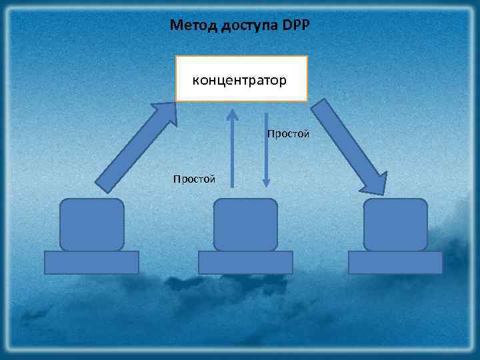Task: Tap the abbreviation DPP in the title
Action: pos(297,26)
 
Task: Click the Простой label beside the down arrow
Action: pos(288,134)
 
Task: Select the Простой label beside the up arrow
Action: pos(194,179)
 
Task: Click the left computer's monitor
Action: pos(92,225)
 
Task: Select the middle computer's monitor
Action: pos(245,225)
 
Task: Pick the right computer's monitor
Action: pos(395,225)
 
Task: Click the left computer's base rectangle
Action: pos(91,262)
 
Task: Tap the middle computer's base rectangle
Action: pos(245,262)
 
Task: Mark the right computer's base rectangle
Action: pos(395,262)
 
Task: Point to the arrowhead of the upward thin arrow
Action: pos(233,114)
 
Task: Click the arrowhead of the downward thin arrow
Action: pos(265,181)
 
